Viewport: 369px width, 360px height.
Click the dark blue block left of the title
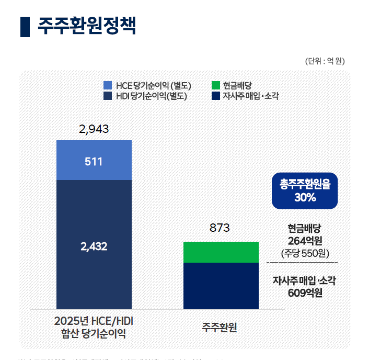coord(25,26)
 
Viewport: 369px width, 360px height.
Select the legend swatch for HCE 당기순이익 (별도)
coord(108,85)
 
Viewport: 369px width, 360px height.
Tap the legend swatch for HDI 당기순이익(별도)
coord(108,96)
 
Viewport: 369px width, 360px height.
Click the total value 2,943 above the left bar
coord(94,129)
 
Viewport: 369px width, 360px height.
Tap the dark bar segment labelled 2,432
coord(94,246)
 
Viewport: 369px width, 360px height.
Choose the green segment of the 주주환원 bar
coord(221,252)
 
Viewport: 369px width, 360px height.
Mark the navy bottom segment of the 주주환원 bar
coord(221,286)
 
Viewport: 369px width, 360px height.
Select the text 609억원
coord(304,292)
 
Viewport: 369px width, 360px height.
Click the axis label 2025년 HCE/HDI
coord(94,320)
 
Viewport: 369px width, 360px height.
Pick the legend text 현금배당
coord(237,85)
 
